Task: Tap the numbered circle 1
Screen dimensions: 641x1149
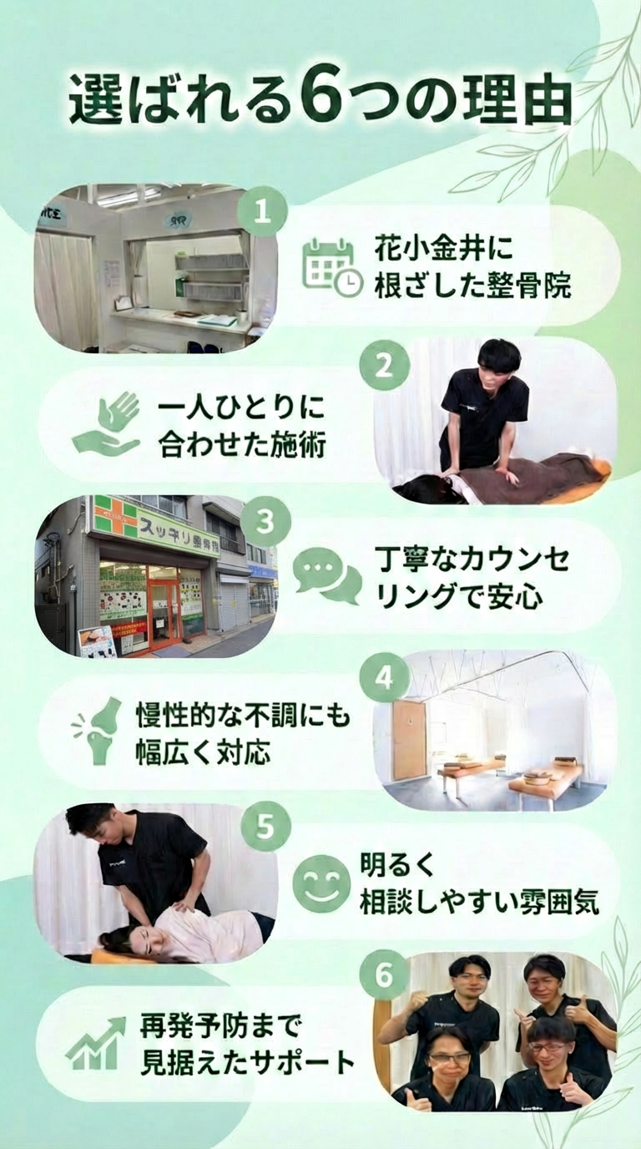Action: coord(262,211)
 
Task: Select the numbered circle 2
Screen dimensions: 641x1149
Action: coord(385,367)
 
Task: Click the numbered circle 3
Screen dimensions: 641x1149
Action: coord(265,522)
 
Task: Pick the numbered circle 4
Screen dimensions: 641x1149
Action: coord(385,677)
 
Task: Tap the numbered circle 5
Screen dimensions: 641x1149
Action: coord(265,828)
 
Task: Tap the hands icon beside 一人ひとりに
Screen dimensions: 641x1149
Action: coord(105,423)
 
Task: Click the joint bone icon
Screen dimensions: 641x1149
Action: coord(98,731)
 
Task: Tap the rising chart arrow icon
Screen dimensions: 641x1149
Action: coord(96,1042)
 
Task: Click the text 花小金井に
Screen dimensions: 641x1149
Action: coord(443,248)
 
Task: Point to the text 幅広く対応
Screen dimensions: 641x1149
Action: coord(203,752)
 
